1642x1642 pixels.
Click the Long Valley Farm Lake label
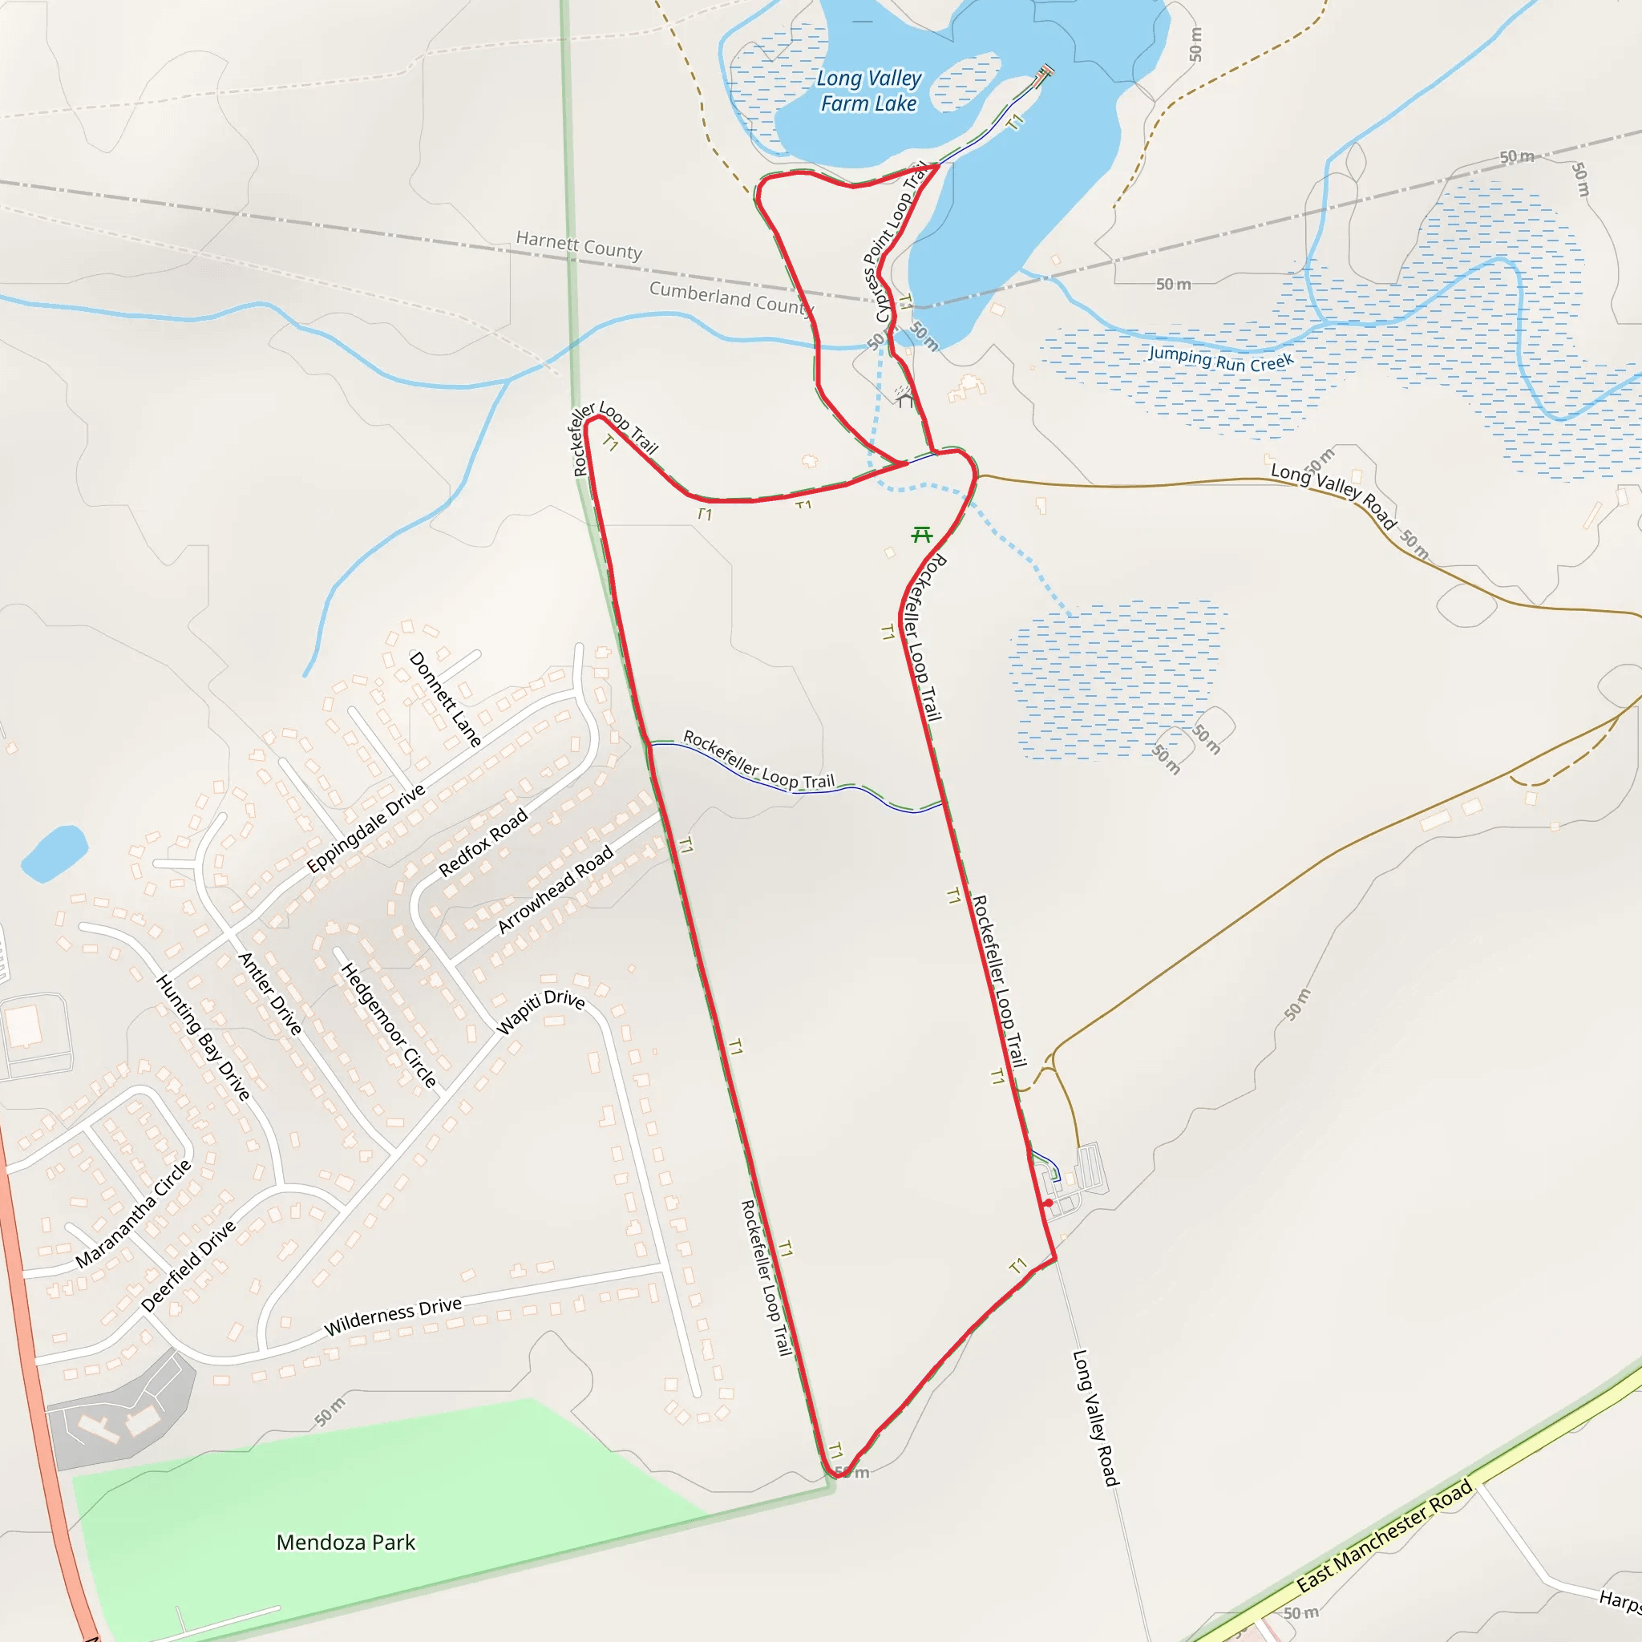tap(868, 91)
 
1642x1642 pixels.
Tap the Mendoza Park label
tap(346, 1543)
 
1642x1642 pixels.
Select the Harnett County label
tap(579, 245)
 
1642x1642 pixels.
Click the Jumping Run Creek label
tap(1220, 359)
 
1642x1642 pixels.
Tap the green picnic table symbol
tap(921, 535)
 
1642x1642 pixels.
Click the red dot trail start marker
tap(1049, 1203)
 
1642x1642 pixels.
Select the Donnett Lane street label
tap(445, 699)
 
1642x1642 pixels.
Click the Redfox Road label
tap(483, 843)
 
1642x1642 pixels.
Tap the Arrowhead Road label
tap(555, 889)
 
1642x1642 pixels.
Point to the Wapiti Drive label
tap(540, 1011)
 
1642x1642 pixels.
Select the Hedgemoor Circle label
tap(388, 1025)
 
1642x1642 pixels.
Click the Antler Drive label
tap(270, 993)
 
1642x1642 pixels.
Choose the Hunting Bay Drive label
tap(203, 1037)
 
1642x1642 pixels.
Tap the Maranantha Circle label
tap(134, 1215)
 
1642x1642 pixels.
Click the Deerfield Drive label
tap(188, 1266)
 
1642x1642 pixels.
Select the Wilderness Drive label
tap(393, 1316)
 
